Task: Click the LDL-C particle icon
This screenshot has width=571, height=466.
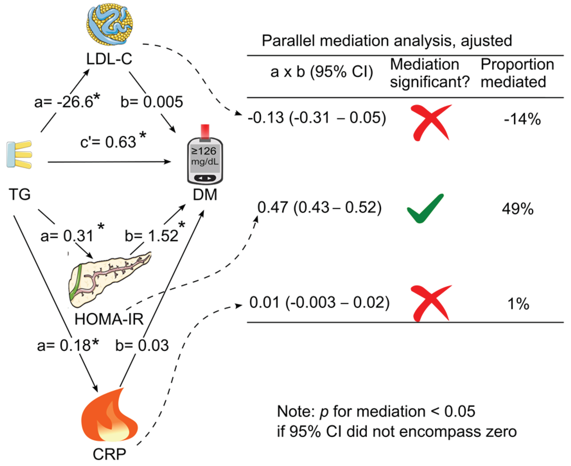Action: pos(110,25)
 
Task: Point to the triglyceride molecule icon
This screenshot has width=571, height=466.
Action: pos(19,155)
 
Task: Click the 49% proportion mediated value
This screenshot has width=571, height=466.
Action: pos(518,209)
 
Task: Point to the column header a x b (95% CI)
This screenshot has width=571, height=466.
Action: pos(321,72)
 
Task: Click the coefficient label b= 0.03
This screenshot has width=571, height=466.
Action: pos(142,345)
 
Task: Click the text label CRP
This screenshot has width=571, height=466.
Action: pos(109,454)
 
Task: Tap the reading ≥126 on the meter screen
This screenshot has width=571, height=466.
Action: pos(204,151)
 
